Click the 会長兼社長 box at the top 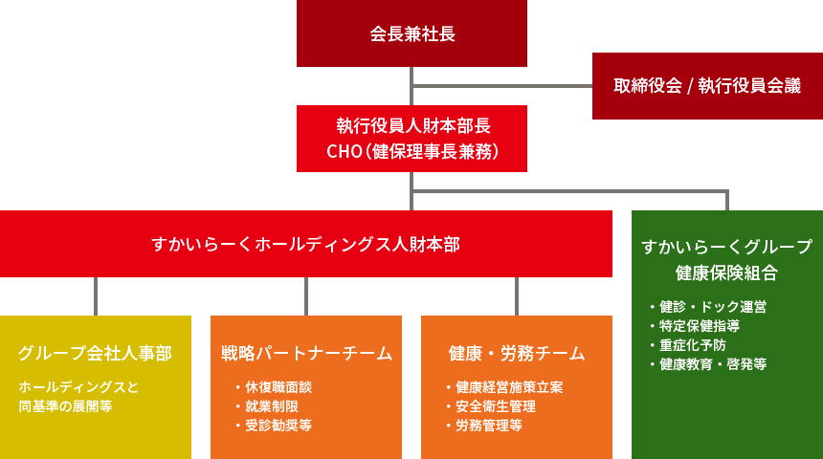tap(411, 34)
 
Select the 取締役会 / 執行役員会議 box tap(707, 85)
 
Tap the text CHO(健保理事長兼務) tap(411, 151)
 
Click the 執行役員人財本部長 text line tap(411, 125)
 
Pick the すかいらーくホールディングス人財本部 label tap(305, 244)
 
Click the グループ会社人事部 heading tap(95, 354)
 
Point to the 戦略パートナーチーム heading tap(306, 354)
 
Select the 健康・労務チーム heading tap(517, 354)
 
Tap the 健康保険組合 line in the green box tap(726, 272)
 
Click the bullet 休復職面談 tap(278, 387)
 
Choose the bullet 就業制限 tap(272, 406)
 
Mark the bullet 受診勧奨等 tap(278, 426)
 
